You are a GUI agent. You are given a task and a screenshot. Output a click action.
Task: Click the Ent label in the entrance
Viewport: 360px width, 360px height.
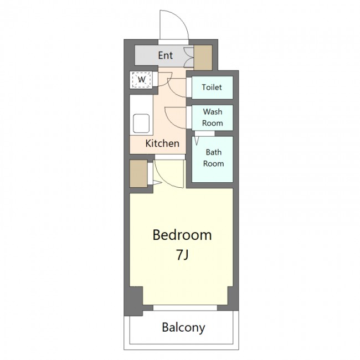165,55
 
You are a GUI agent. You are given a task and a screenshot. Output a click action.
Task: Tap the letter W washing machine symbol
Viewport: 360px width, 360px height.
141,80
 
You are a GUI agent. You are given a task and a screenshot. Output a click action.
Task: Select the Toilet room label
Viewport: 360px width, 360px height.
212,88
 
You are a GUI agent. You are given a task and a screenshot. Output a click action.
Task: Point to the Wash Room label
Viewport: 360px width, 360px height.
212,117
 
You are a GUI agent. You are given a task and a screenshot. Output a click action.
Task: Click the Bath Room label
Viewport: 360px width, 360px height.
213,158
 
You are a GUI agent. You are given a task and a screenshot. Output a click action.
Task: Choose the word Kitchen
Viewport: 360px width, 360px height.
162,143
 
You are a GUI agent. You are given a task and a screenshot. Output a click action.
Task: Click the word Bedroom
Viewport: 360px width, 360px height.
182,235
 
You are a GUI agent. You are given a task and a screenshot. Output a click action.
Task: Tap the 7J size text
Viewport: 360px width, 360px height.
182,255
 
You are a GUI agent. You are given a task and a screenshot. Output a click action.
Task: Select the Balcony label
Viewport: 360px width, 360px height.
183,328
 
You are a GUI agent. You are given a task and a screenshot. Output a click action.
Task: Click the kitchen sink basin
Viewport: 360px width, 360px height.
141,124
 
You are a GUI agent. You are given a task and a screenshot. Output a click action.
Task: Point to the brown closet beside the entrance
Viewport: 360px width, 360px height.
203,58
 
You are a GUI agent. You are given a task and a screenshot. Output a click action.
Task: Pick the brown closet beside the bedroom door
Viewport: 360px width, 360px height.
138,173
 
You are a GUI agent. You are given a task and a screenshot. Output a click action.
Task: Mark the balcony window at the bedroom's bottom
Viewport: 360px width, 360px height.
185,307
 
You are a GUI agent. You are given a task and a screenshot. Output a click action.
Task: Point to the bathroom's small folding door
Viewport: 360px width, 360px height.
196,141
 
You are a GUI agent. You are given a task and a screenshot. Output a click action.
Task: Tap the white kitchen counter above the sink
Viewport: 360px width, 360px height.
141,104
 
